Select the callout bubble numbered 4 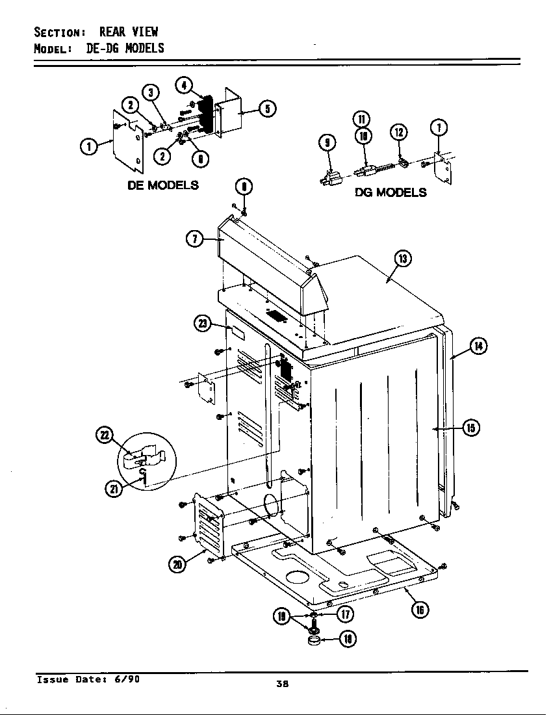coord(184,85)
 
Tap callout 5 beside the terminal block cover coord(266,109)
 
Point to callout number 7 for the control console coord(194,239)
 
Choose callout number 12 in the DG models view coord(398,132)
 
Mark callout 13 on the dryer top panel coord(403,259)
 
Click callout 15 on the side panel coord(470,427)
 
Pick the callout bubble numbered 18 coord(348,639)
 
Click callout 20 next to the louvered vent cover coord(177,564)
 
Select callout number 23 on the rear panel coord(202,323)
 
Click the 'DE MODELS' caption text coord(162,185)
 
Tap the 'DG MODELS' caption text coord(391,192)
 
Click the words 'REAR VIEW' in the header coord(128,32)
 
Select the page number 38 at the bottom coord(282,683)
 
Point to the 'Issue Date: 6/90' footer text coord(88,679)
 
